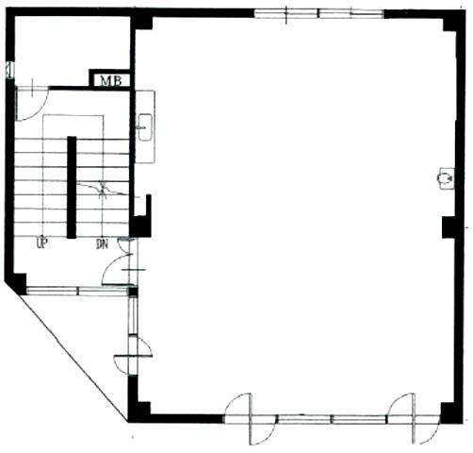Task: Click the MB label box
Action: point(110,80)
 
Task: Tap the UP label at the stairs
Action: point(41,243)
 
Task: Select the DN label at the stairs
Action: point(102,243)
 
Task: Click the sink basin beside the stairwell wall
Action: point(145,126)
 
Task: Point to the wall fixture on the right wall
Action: point(446,178)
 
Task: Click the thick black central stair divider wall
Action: point(72,187)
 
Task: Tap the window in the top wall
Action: point(318,14)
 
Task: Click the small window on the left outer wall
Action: point(9,70)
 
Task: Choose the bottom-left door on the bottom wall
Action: point(251,419)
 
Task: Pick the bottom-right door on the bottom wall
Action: point(414,419)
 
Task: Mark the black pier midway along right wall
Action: point(449,227)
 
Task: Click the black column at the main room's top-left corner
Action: point(142,21)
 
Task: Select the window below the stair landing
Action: point(77,291)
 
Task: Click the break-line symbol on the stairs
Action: point(103,189)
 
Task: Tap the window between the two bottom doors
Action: point(332,419)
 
